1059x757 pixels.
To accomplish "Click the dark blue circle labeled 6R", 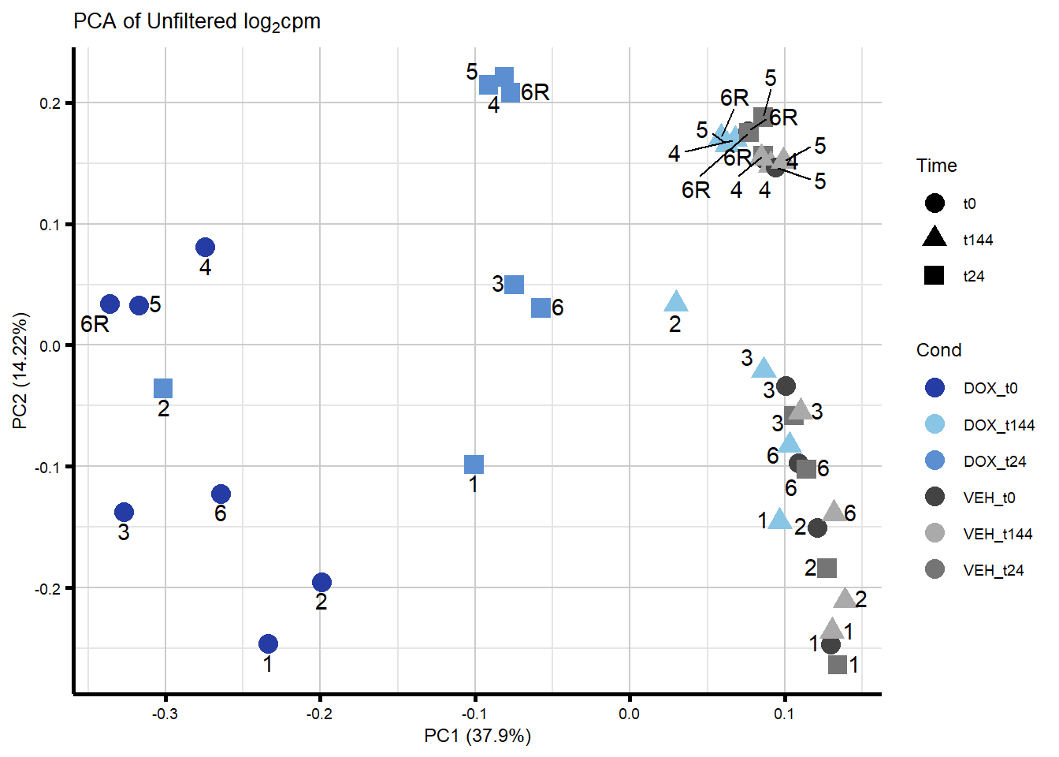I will [110, 304].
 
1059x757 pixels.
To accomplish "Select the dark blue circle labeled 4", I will [205, 248].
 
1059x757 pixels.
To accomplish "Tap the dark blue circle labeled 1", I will [268, 644].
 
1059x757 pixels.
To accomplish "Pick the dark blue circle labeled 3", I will [124, 513].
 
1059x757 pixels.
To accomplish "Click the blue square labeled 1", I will [474, 464].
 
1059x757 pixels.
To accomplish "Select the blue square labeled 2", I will [163, 388].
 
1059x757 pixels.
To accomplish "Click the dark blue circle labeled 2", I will [321, 583].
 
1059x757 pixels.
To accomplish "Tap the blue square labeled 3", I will [514, 285].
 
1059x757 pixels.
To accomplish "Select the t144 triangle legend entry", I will [935, 238].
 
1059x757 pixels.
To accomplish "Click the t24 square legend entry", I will [935, 276].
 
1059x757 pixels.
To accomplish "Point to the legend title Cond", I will [938, 350].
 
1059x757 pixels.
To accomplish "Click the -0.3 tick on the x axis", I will [165, 714].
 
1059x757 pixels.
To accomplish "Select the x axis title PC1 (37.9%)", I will [477, 736].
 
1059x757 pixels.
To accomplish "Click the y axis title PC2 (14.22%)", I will [20, 371].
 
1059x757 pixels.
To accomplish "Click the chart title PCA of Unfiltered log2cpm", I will [197, 21].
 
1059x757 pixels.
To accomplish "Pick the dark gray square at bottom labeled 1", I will [838, 665].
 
